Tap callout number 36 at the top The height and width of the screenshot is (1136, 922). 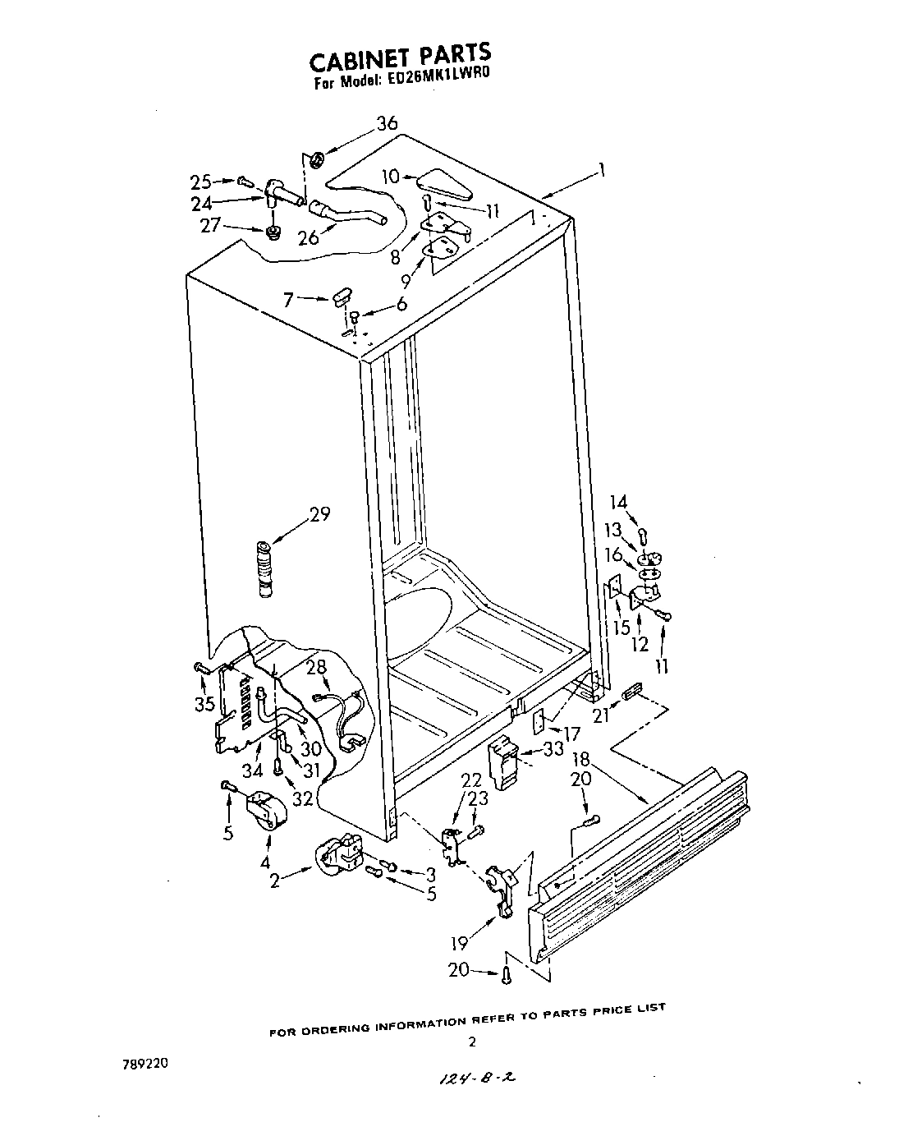click(387, 124)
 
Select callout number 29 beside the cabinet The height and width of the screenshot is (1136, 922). click(319, 514)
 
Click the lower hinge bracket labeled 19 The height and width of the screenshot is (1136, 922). click(502, 887)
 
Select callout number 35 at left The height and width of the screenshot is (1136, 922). click(204, 703)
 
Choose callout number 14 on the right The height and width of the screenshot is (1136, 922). click(618, 502)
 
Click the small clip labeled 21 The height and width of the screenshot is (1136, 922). click(633, 692)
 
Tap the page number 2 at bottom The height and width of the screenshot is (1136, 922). click(471, 1042)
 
